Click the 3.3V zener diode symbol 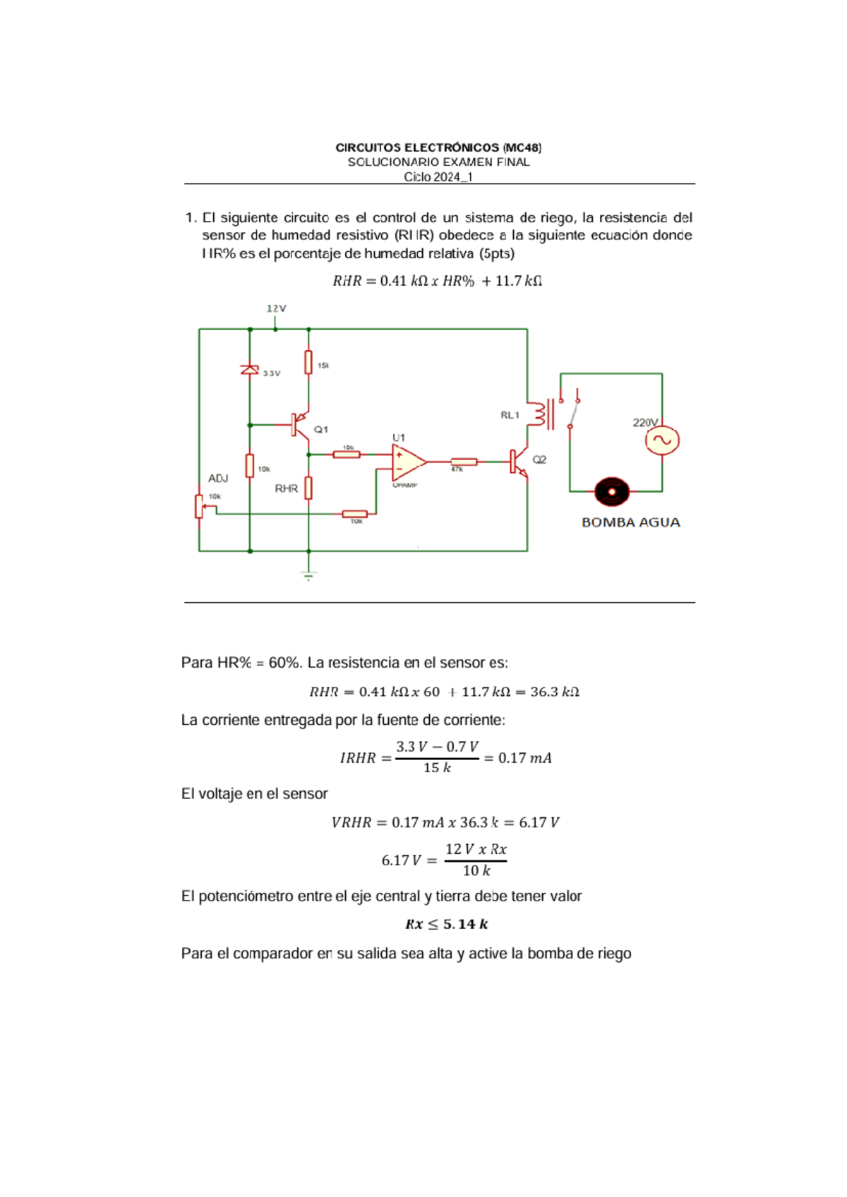coord(250,370)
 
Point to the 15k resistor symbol coord(308,362)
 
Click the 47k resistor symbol coord(464,462)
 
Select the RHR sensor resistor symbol coord(308,488)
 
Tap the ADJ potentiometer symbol coord(200,506)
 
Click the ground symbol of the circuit coord(308,576)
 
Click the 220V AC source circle coord(662,440)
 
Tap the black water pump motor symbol coord(612,492)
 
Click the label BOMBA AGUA coord(630,523)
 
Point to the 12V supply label coord(276,308)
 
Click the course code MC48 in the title coord(522,148)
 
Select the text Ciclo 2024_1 coord(438,177)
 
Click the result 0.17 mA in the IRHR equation coord(524,758)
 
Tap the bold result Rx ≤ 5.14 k coord(447,924)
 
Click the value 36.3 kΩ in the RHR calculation coord(554,692)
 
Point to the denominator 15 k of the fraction coord(437,768)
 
